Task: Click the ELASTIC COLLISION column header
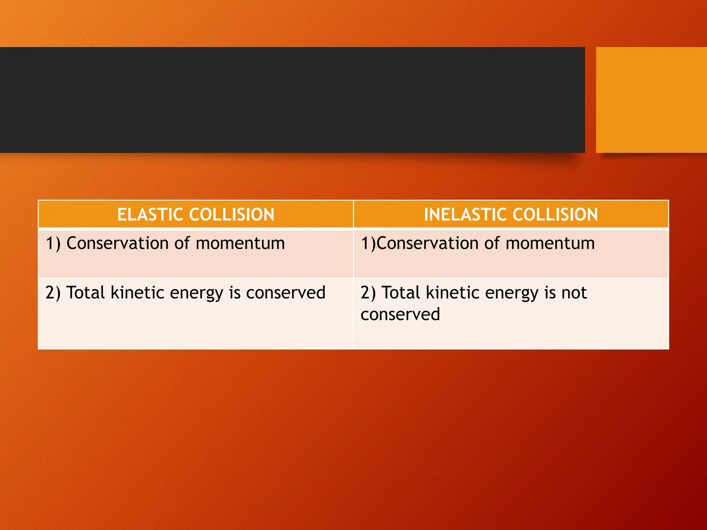196,214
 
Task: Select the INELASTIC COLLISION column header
511,214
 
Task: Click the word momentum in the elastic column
240,243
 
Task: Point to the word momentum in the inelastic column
550,243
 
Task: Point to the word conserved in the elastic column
285,293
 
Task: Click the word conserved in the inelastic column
400,314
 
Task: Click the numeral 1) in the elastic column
53,243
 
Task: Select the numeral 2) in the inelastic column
368,293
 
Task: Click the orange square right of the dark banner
651,100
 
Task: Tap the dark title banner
292,100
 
